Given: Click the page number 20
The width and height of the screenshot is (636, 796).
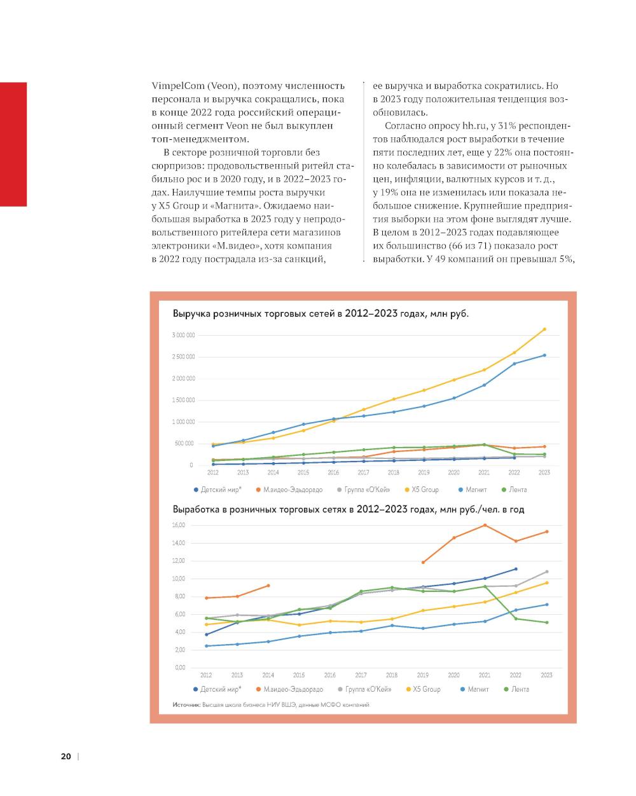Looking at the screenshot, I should point(66,757).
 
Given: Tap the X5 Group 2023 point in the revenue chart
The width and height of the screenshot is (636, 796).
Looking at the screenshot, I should point(544,329).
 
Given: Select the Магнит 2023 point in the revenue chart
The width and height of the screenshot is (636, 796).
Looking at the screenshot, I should point(544,355).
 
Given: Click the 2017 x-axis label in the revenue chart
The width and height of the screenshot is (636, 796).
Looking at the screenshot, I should point(363,473).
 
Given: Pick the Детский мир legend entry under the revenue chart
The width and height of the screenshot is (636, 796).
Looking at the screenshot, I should point(217,490).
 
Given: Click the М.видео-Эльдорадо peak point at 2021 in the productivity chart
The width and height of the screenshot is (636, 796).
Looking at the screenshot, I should point(485,525).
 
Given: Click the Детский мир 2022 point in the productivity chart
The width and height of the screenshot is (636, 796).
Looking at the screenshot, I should point(516,569).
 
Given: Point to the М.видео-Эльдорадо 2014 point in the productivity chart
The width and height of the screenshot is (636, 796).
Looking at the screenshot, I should point(268,586).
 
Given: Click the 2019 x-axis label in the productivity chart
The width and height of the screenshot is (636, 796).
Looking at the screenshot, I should point(423,675).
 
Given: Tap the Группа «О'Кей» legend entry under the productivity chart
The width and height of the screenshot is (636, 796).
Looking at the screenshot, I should point(365,689).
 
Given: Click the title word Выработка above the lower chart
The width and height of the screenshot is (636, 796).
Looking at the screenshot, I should point(197,509).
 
